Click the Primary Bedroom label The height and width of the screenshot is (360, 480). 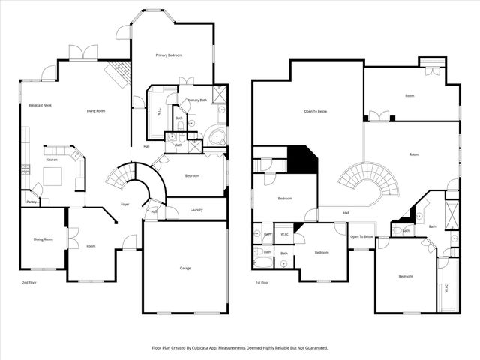tap(169, 55)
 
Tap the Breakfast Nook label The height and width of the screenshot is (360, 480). tap(40, 105)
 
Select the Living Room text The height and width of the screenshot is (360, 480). tap(95, 111)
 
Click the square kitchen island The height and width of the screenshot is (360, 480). tap(52, 176)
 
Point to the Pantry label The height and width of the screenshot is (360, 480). tap(31, 202)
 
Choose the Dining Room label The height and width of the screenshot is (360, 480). tap(43, 239)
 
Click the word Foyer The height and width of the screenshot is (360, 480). tap(125, 205)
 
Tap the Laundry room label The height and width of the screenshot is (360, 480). tap(196, 209)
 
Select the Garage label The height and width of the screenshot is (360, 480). tap(184, 268)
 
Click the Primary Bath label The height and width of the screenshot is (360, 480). tap(197, 100)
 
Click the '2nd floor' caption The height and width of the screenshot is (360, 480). tap(28, 283)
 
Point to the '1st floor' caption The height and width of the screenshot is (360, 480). tap(262, 283)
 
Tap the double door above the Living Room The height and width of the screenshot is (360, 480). tap(82, 52)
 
